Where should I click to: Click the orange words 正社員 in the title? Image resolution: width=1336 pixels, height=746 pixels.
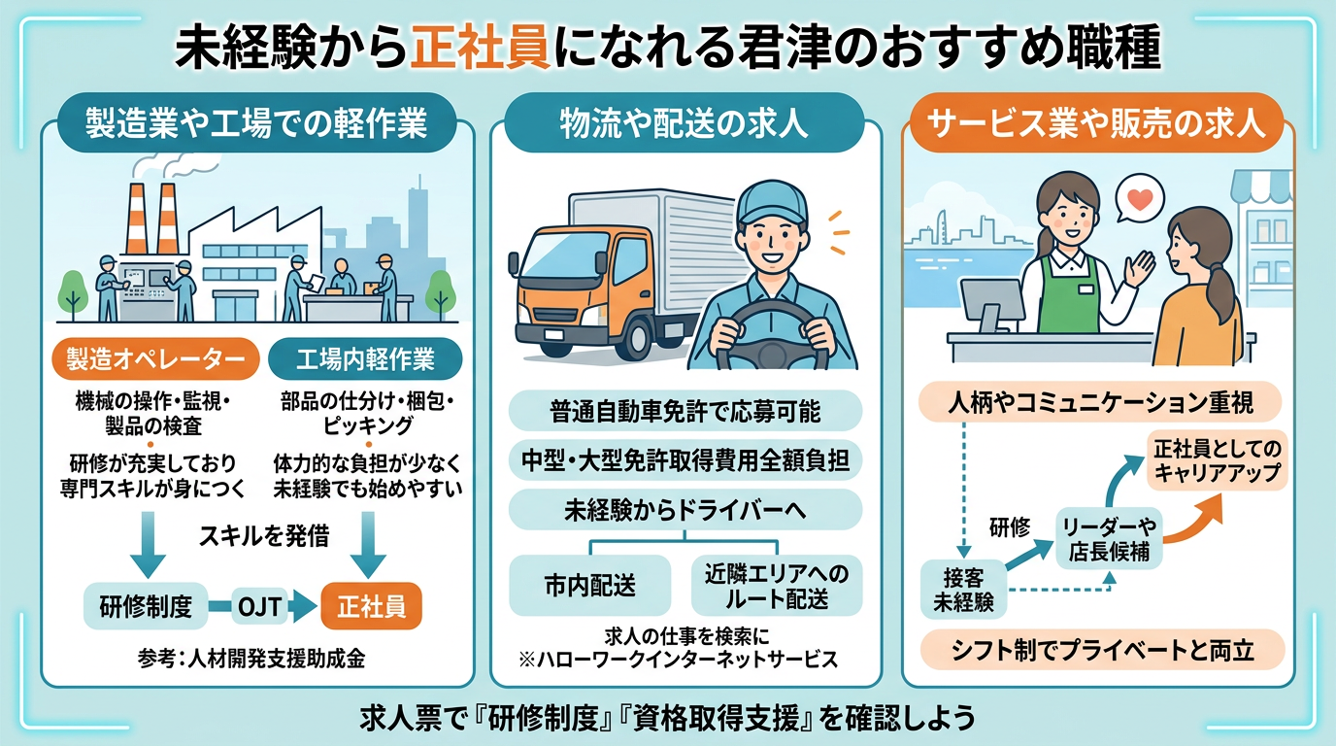[480, 48]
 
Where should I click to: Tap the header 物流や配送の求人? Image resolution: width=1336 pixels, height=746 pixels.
[685, 123]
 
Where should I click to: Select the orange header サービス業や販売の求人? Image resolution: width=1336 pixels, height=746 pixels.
[1096, 123]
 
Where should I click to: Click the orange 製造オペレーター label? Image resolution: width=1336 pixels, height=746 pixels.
[155, 359]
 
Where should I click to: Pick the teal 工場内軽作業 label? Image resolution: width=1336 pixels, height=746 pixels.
[366, 359]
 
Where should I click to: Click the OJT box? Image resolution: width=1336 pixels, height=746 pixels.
[260, 607]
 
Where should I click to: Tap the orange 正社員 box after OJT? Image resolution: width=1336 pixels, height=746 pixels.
[371, 606]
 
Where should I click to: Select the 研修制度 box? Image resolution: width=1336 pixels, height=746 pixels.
[146, 606]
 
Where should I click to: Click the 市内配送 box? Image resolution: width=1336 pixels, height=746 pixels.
[590, 586]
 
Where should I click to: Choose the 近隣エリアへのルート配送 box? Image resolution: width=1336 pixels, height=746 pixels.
[777, 586]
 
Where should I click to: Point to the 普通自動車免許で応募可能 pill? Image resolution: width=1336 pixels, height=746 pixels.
[685, 411]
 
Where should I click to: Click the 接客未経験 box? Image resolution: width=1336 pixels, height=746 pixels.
[964, 589]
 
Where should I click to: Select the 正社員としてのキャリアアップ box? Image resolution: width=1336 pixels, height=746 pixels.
[1218, 460]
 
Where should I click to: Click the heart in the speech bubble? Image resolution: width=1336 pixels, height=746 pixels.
[1140, 199]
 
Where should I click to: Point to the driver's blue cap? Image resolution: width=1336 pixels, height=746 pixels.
[772, 204]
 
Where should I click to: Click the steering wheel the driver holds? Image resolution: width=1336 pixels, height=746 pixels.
[772, 333]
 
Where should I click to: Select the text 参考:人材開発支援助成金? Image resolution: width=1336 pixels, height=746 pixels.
[251, 659]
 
